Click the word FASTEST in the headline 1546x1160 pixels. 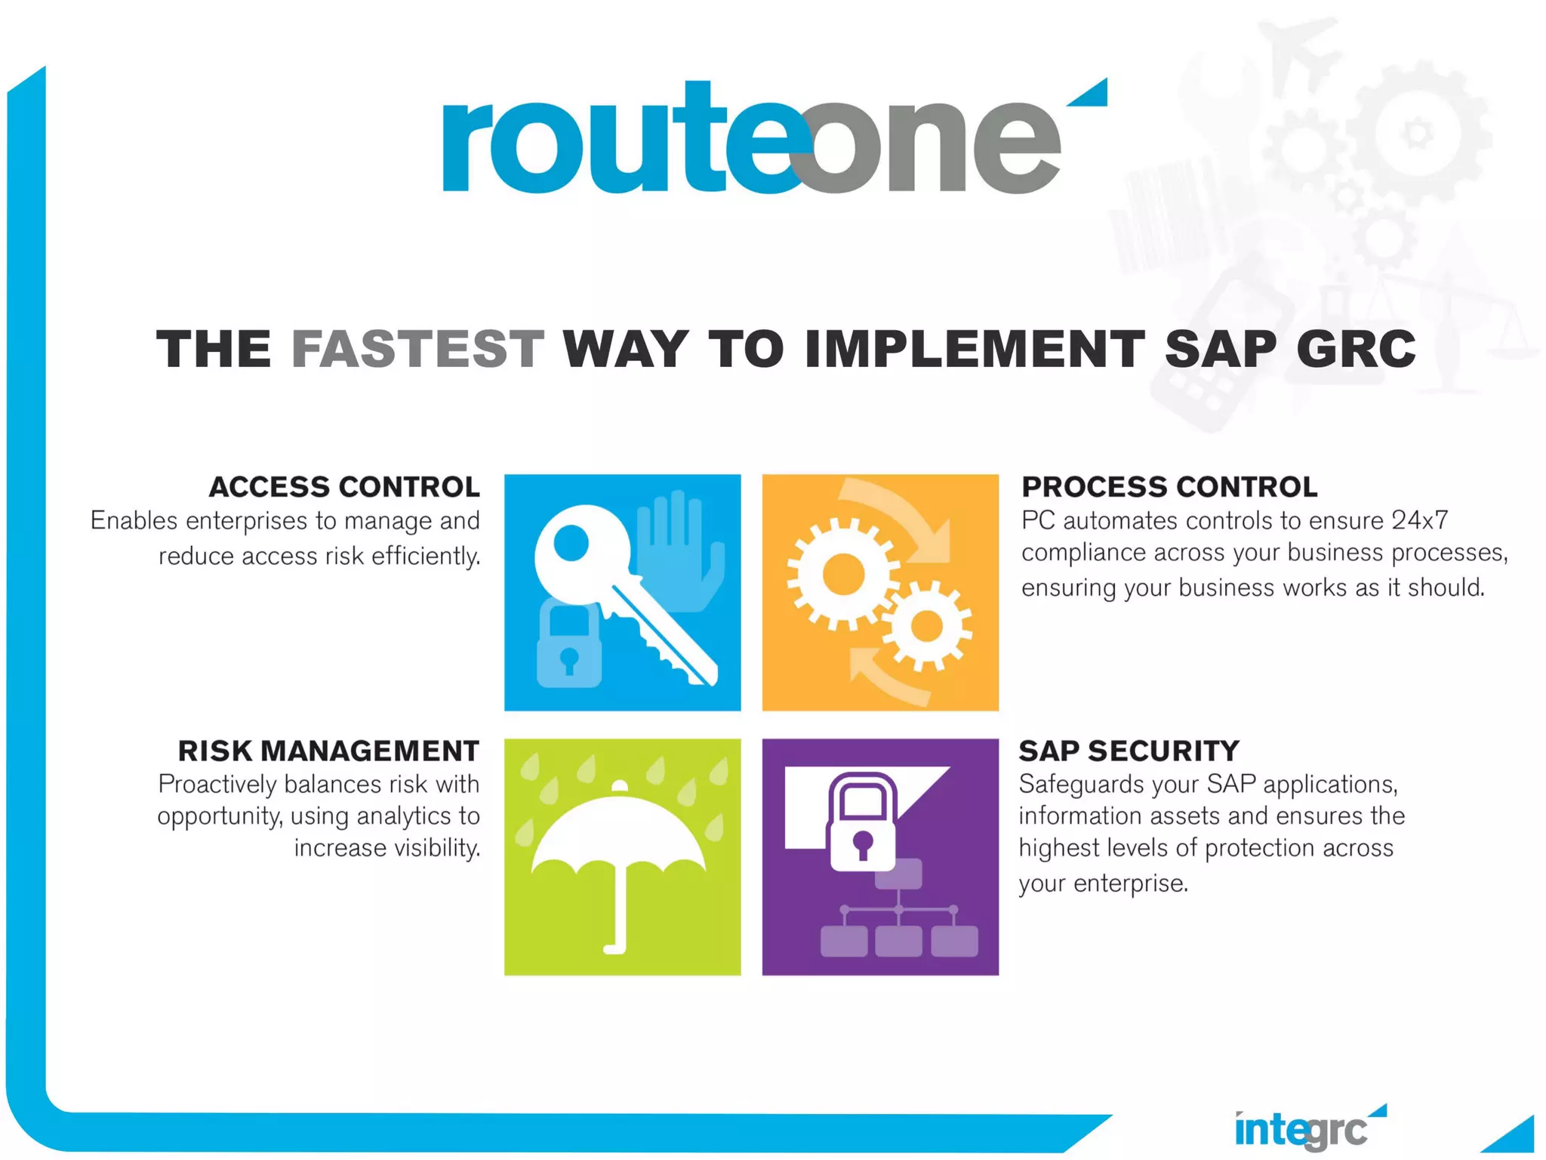(x=417, y=349)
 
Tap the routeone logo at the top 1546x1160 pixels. (x=751, y=140)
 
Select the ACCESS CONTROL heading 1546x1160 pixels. (x=344, y=487)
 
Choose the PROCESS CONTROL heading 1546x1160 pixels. (x=1169, y=487)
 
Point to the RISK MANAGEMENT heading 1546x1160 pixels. (x=328, y=751)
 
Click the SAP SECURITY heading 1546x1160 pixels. (x=1129, y=751)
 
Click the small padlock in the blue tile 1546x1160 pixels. (x=568, y=646)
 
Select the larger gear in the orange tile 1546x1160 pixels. (x=843, y=574)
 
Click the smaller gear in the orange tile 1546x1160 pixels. (x=926, y=625)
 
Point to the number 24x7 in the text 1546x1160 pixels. (x=1420, y=520)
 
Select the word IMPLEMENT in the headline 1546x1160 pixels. (x=974, y=349)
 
